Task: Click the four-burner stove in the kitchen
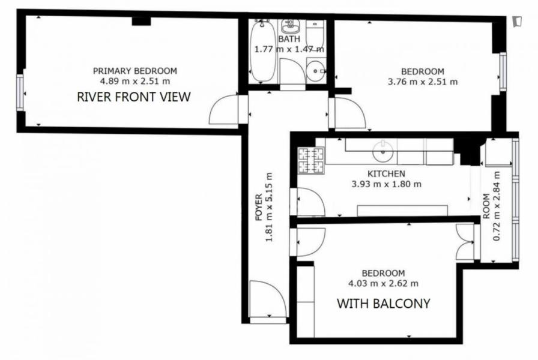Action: tap(311, 160)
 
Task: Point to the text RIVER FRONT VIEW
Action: tap(134, 97)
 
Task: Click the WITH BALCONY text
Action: tap(383, 304)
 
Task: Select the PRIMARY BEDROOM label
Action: tap(135, 71)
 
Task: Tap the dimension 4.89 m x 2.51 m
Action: tap(135, 81)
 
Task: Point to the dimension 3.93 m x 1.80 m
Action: tap(386, 184)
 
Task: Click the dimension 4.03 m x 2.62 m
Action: tap(383, 283)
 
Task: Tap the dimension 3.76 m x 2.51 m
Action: tap(423, 82)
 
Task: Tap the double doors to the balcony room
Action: tap(466, 242)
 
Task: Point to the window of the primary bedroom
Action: tap(20, 92)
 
